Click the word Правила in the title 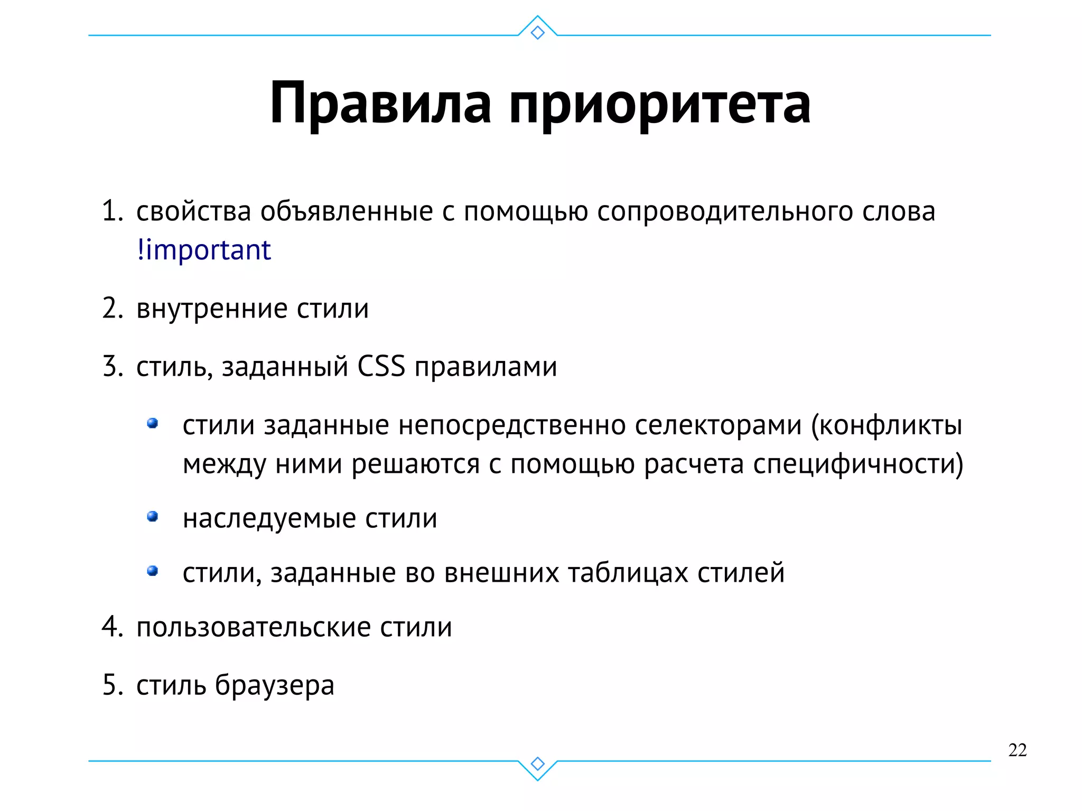click(380, 103)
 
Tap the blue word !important click(204, 250)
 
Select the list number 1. click(111, 211)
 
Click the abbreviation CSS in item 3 click(381, 366)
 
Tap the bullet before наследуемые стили click(153, 516)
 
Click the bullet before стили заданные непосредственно click(153, 423)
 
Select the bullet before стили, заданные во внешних click(153, 571)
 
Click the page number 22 click(1017, 750)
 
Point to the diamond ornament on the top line click(537, 33)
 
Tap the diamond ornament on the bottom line click(537, 763)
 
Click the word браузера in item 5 click(274, 686)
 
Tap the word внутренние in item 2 click(212, 309)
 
